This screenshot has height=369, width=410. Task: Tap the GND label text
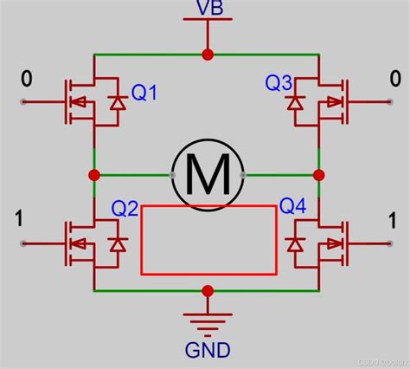coord(207,350)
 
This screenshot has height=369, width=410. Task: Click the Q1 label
coord(144,91)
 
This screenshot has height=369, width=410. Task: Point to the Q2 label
coord(125,209)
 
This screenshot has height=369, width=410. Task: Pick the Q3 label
coord(278,83)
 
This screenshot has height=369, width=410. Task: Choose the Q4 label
coord(292,209)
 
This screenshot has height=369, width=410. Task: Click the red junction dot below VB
coord(207,54)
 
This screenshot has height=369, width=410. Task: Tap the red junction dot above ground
coord(207,291)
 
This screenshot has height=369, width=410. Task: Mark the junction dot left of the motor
coord(93,174)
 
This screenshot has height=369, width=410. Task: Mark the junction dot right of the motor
coord(318,174)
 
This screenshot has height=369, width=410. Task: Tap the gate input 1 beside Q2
coord(19,217)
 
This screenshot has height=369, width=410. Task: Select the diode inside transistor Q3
coord(296,103)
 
